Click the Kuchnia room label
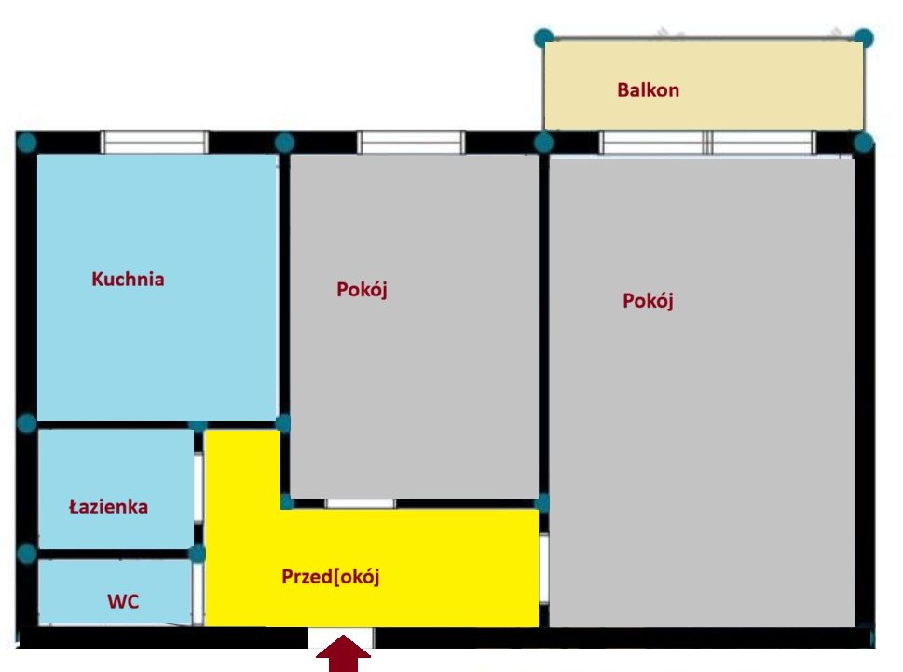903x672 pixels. [x=128, y=280]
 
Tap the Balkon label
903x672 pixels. [x=648, y=89]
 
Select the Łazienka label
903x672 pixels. [x=109, y=506]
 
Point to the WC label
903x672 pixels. [x=123, y=601]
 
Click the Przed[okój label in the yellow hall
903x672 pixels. [x=331, y=577]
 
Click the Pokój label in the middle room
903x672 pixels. [x=362, y=290]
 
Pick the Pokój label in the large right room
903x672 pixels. [x=648, y=301]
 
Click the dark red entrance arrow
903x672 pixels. [x=343, y=653]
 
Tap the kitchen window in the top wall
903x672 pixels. [x=155, y=143]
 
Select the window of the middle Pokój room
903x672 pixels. [x=410, y=143]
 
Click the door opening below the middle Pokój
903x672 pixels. [x=361, y=504]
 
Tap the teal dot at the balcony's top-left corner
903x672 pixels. [x=544, y=38]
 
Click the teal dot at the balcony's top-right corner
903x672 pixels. [x=863, y=38]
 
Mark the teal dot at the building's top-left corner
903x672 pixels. [x=27, y=143]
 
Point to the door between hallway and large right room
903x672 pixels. [x=543, y=569]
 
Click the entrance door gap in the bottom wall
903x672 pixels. [x=340, y=638]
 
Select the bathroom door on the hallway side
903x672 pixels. [x=198, y=489]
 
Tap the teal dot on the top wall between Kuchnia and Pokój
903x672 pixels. [x=284, y=143]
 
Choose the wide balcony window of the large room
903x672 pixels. [x=708, y=143]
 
